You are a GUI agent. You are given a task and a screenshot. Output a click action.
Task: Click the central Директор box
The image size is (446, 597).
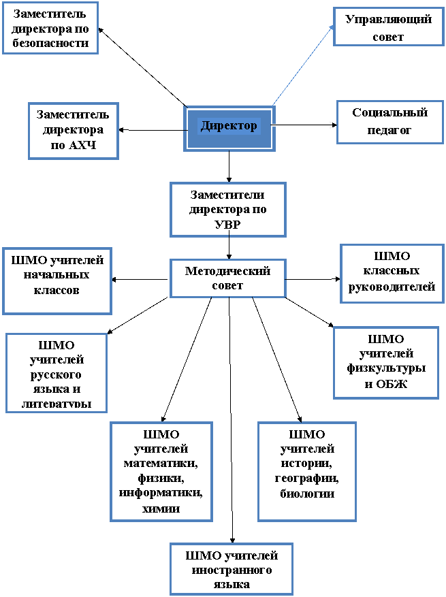pyautogui.click(x=229, y=128)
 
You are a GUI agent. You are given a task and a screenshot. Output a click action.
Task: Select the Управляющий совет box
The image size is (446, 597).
pyautogui.click(x=389, y=27)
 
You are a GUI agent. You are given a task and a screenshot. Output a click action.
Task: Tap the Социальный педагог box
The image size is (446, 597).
pyautogui.click(x=390, y=122)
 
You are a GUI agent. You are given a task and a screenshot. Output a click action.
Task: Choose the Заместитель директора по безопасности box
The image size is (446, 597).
pyautogui.click(x=50, y=28)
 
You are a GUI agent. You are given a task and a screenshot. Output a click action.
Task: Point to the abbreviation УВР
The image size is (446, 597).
pyautogui.click(x=227, y=224)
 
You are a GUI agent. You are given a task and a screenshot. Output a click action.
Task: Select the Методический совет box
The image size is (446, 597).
pyautogui.click(x=227, y=278)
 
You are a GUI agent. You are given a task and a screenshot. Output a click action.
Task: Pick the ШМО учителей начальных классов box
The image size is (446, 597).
pyautogui.click(x=57, y=281)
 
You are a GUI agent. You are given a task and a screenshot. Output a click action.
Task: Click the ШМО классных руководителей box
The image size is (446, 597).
pyautogui.click(x=392, y=274)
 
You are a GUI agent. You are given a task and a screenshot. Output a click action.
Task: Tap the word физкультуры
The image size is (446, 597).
pyautogui.click(x=386, y=368)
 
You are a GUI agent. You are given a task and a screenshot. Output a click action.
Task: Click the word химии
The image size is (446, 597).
pyautogui.click(x=161, y=509)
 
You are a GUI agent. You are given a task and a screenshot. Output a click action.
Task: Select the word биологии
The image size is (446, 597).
pyautogui.click(x=307, y=494)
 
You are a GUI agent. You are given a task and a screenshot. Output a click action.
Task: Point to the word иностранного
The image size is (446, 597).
pyautogui.click(x=232, y=570)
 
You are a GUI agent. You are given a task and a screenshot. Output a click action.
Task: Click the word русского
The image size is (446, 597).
pyautogui.click(x=56, y=374)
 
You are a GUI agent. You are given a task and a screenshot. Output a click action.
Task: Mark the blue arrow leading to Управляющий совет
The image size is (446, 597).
pyautogui.click(x=304, y=65)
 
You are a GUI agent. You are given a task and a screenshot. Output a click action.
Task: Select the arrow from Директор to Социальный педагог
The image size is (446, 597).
pyautogui.click(x=304, y=125)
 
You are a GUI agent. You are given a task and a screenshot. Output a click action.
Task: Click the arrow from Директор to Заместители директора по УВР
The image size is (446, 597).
pyautogui.click(x=229, y=167)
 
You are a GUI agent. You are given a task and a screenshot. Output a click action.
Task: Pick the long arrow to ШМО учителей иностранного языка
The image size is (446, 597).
pyautogui.click(x=230, y=420)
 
